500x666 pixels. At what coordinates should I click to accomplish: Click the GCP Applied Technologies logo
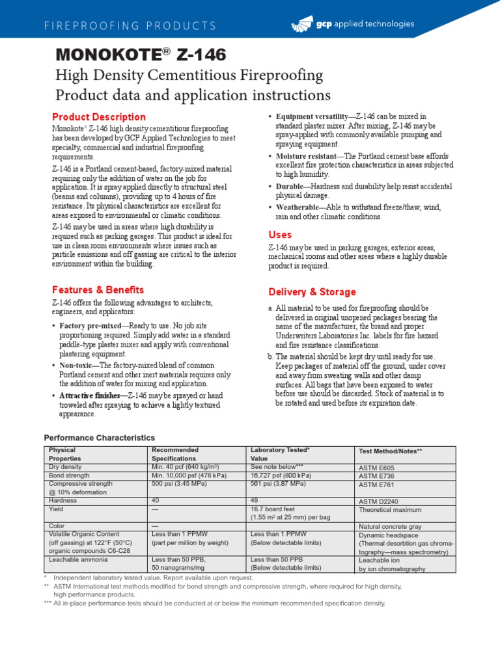coord(352,25)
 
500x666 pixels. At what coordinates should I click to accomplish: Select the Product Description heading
coord(99,117)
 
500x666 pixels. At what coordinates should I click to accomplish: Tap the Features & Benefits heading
coord(98,290)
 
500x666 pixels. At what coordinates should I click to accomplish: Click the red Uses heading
coord(280,235)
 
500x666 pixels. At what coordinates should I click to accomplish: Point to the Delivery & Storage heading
coord(312,292)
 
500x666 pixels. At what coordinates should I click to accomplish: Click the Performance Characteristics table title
coord(99,438)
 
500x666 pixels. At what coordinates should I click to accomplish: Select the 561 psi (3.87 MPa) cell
coord(277,484)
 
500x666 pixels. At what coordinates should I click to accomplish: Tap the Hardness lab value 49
coord(255,501)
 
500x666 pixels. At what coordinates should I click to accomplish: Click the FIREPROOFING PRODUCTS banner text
coord(130,26)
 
